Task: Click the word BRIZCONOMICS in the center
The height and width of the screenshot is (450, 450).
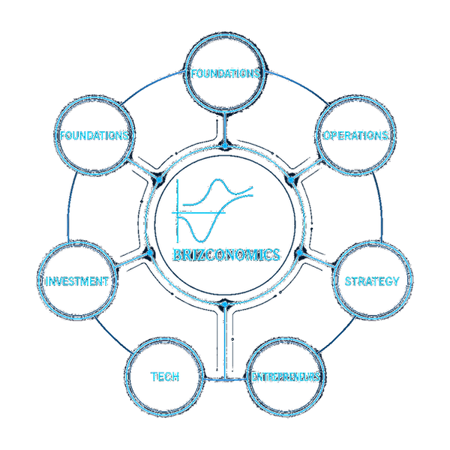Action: [x=224, y=254]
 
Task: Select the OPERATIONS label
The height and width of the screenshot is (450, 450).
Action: [x=355, y=136]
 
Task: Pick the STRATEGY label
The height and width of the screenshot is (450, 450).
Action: [x=371, y=281]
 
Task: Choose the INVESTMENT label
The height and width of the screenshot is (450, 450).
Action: [x=77, y=281]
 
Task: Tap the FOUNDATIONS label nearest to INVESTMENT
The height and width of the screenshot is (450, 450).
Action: [x=94, y=136]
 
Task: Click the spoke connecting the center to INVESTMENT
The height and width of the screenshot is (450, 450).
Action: [x=133, y=262]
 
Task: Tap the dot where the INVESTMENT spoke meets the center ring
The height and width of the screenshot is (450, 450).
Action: [x=150, y=253]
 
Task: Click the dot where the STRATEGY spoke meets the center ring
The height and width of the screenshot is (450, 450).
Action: [x=299, y=253]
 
